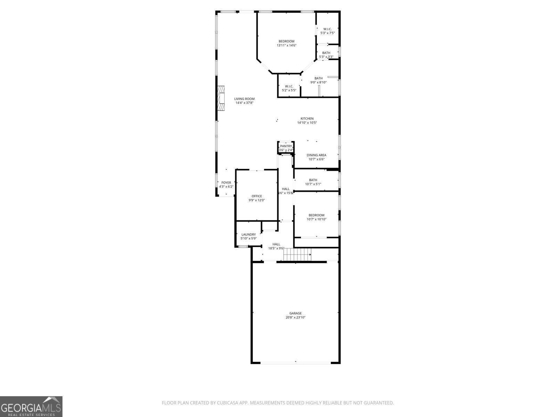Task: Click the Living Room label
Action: (244, 99)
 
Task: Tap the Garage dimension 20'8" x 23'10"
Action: (295, 317)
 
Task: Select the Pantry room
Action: (286, 148)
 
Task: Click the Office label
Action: (257, 196)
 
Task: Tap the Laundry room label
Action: (248, 235)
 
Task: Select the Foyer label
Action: (226, 183)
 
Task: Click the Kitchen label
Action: (307, 118)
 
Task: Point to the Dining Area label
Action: (316, 155)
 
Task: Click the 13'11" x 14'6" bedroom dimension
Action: (286, 46)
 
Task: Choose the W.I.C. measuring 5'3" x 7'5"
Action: (327, 31)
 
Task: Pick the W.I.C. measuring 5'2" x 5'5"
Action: (289, 88)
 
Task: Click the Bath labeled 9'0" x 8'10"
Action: (318, 80)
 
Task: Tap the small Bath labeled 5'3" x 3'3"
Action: (326, 55)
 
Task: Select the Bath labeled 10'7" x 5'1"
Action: (313, 182)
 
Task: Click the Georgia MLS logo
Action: (31, 407)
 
